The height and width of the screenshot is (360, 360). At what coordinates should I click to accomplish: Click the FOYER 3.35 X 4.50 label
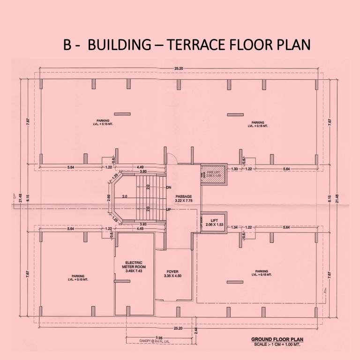click(172, 274)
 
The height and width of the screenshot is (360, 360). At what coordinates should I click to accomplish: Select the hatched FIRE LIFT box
click(213, 174)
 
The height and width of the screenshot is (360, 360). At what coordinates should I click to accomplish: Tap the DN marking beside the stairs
click(169, 187)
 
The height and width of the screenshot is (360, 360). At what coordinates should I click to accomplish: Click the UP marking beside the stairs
click(169, 210)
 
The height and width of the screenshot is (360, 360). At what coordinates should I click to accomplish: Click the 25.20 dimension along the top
click(179, 69)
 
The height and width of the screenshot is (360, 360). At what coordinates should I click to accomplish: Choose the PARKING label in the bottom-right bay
click(262, 273)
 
